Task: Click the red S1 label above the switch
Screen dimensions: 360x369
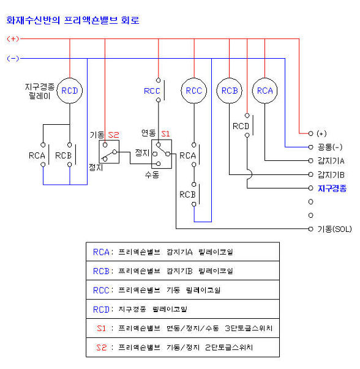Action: pyautogui.click(x=165, y=134)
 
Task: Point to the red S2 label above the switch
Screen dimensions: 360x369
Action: pyautogui.click(x=113, y=135)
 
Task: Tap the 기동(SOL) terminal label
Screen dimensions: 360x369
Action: pyautogui.click(x=334, y=229)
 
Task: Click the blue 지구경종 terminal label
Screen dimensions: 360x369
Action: pyautogui.click(x=332, y=188)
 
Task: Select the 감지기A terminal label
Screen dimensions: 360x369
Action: pyautogui.click(x=331, y=161)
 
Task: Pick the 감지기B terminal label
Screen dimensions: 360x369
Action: pyautogui.click(x=331, y=175)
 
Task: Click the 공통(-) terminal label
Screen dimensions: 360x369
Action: pyautogui.click(x=330, y=147)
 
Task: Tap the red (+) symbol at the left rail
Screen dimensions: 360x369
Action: pyautogui.click(x=13, y=39)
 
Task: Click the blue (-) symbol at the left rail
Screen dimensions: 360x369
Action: pyautogui.click(x=13, y=58)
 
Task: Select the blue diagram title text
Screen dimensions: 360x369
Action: pyautogui.click(x=73, y=20)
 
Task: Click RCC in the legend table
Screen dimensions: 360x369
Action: pyautogui.click(x=101, y=290)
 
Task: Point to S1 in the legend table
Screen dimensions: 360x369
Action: pyautogui.click(x=101, y=328)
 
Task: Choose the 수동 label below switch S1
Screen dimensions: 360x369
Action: pyautogui.click(x=152, y=174)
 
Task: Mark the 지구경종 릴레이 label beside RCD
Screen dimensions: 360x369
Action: pyautogui.click(x=40, y=91)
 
